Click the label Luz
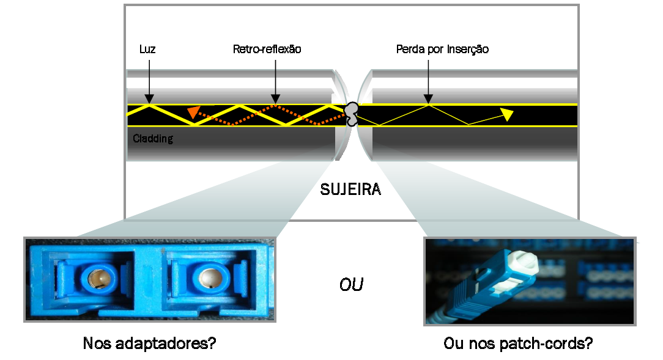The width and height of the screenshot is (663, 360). tap(147, 50)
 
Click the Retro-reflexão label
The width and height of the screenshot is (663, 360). tap(267, 50)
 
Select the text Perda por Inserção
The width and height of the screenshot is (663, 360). tap(442, 50)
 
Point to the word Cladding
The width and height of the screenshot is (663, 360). tap(153, 139)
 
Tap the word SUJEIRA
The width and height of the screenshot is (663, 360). tap(350, 189)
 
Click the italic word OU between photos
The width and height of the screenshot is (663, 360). tap(351, 285)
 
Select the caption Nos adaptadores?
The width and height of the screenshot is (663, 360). tap(149, 343)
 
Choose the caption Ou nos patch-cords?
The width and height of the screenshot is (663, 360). tap(517, 343)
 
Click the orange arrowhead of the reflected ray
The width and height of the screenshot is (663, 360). tap(193, 111)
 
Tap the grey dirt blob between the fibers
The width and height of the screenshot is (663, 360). tap(352, 113)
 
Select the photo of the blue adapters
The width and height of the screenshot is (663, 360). tap(149, 279)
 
